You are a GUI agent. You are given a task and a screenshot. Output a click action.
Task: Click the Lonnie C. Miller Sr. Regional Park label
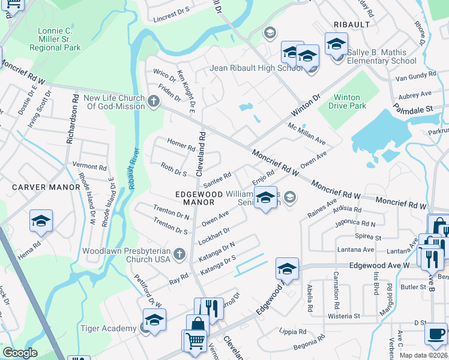point(55,39)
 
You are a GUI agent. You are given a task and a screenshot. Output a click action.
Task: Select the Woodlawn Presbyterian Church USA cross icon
point(178,255)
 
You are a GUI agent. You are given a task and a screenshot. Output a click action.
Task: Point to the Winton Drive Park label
point(347,101)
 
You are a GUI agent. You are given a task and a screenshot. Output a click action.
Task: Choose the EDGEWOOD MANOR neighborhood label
point(194,198)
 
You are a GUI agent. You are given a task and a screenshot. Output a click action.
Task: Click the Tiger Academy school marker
point(154,320)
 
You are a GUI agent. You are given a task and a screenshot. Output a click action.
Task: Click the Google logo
point(20,353)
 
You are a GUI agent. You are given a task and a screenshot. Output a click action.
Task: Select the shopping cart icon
point(194,341)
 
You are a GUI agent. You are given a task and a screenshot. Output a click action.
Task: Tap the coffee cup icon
point(436,333)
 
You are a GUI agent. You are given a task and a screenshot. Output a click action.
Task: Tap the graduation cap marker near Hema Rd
point(41,221)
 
